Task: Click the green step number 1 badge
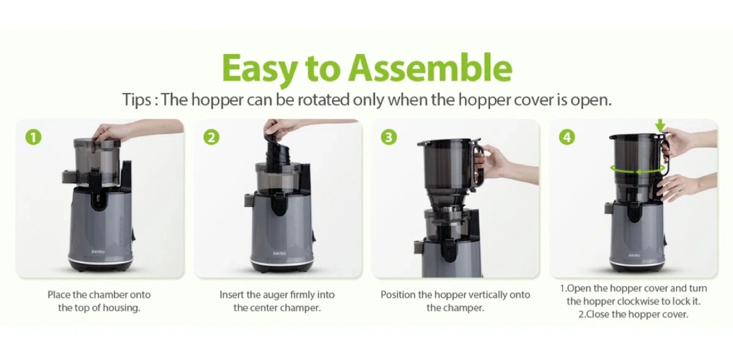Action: point(34,137)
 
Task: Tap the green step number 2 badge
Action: point(211,137)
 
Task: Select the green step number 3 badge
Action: point(389,137)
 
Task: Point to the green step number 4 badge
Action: point(567,137)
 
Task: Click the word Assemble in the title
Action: point(430,68)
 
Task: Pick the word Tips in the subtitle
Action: point(136,100)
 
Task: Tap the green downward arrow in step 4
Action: point(660,125)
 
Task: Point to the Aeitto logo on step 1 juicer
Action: point(98,252)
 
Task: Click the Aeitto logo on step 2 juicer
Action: point(279,253)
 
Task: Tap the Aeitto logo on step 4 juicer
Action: point(634,255)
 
